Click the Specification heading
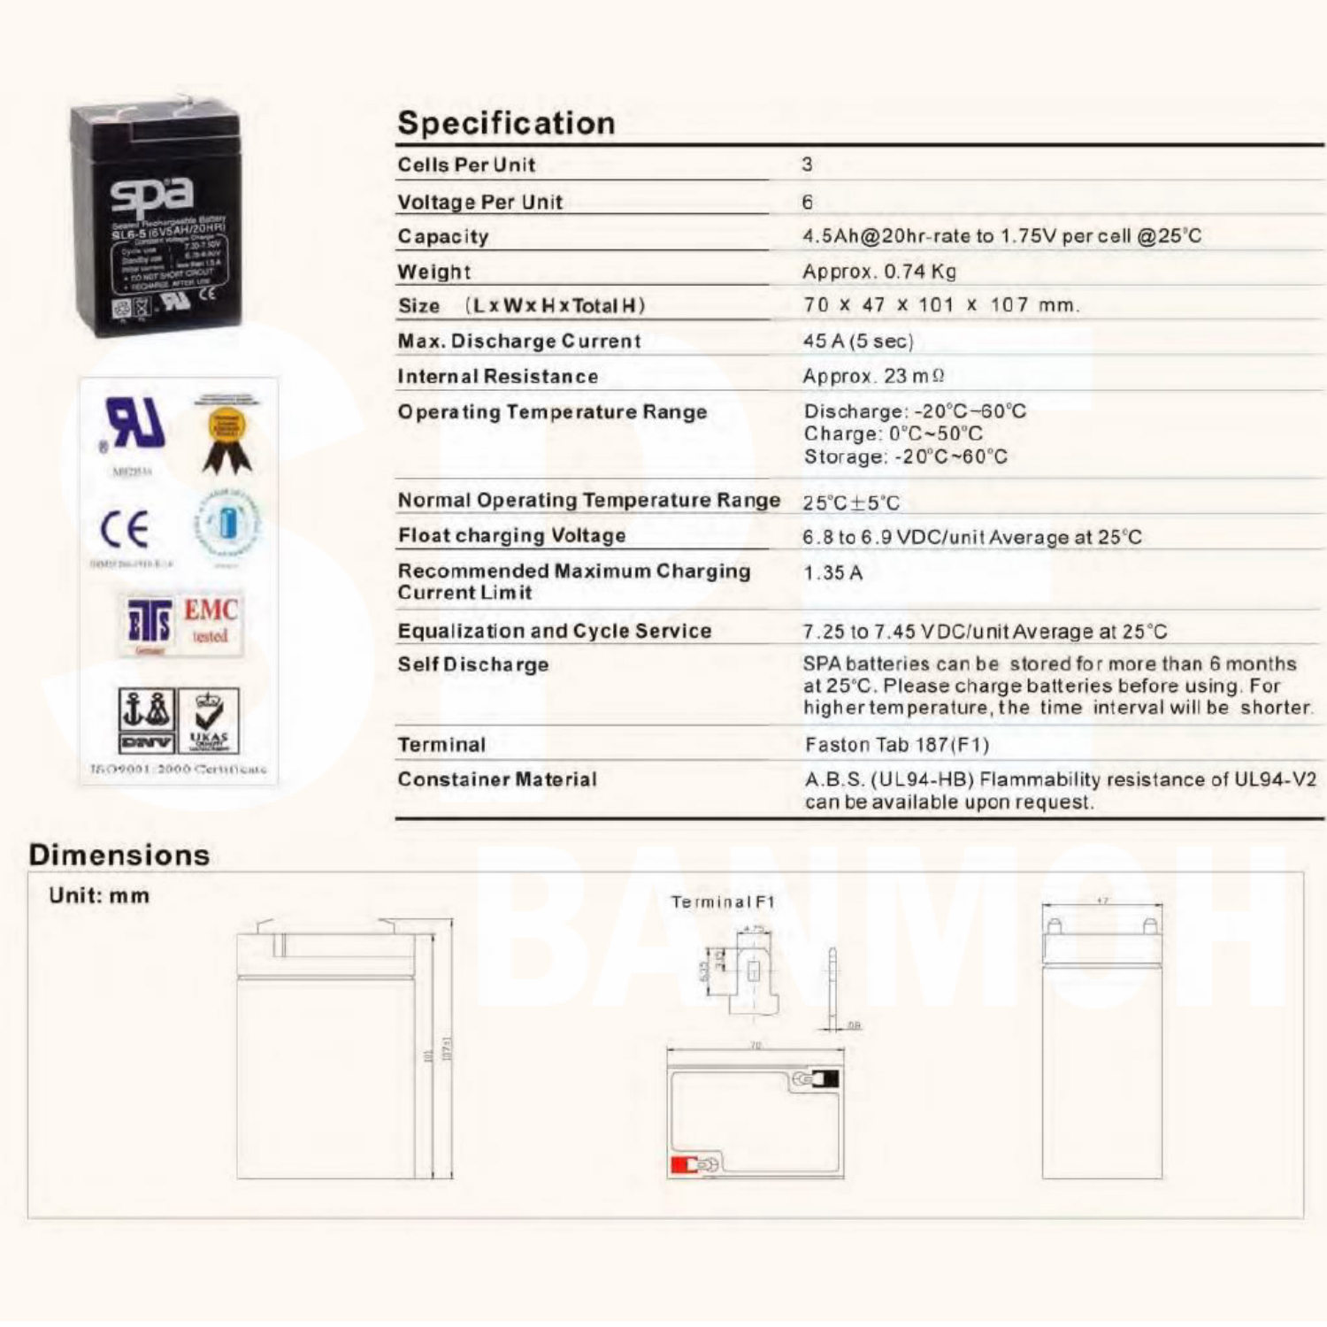point(506,123)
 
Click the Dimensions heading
point(119,855)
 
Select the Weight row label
point(433,272)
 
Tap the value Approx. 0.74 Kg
point(879,272)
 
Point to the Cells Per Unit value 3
point(807,165)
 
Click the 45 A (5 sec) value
point(857,341)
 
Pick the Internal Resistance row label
point(497,376)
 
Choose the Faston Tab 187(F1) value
point(896,745)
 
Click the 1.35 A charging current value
point(832,572)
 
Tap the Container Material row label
point(497,779)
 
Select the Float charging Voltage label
point(511,535)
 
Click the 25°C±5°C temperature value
point(851,502)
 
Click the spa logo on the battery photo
point(151,193)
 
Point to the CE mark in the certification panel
point(124,529)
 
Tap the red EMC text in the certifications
point(211,610)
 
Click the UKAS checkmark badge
point(209,719)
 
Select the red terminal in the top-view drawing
point(683,1165)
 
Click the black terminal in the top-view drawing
point(827,1078)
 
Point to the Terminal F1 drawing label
point(722,901)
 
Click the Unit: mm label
point(99,895)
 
